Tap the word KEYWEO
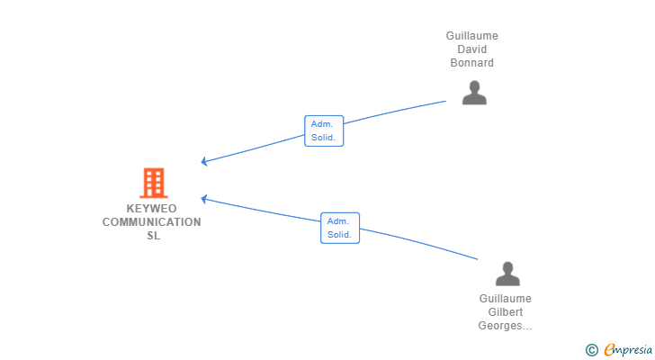click(x=152, y=209)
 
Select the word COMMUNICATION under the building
click(x=152, y=222)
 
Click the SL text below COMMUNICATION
click(x=153, y=236)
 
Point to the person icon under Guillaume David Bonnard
click(x=474, y=93)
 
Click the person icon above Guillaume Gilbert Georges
click(x=507, y=274)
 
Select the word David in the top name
click(x=472, y=49)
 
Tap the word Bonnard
click(x=472, y=63)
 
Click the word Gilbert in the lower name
click(x=505, y=312)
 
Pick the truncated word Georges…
click(x=505, y=326)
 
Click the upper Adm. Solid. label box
click(x=324, y=130)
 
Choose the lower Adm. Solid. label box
click(x=339, y=228)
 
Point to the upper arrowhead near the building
click(x=204, y=162)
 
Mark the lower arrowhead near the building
click(x=204, y=198)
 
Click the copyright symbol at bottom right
click(x=591, y=349)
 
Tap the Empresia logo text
click(x=624, y=349)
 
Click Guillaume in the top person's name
click(x=472, y=36)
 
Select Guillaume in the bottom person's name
click(x=505, y=299)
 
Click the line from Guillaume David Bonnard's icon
click(x=396, y=112)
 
